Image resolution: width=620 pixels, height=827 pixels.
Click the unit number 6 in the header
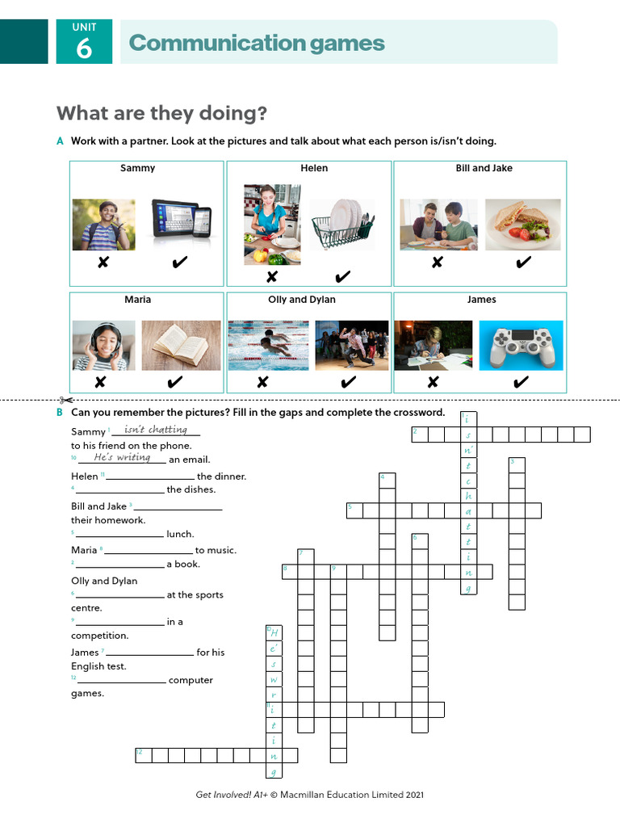click(84, 49)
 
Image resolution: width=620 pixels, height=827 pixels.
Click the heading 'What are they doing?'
click(161, 114)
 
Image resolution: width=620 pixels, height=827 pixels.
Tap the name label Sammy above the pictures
click(137, 169)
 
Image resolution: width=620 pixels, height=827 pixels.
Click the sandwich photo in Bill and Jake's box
click(522, 225)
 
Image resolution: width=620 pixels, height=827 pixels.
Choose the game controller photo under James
click(521, 346)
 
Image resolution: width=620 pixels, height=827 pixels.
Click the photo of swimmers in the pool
click(268, 346)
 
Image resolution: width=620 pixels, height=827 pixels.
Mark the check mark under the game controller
click(521, 382)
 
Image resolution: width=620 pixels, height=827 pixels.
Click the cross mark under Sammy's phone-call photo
click(103, 262)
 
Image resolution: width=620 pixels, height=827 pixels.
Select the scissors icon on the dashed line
click(65, 400)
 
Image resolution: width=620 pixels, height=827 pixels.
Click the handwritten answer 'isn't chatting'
click(157, 430)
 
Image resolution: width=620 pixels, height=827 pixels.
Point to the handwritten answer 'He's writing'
click(122, 458)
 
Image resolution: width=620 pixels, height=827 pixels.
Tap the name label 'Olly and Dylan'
click(302, 300)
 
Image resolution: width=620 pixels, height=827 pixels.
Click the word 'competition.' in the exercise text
click(100, 636)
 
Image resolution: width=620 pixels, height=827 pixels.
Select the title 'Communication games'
click(257, 43)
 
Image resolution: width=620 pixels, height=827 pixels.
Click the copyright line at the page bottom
click(310, 795)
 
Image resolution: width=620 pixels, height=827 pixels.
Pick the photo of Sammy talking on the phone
click(103, 225)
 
